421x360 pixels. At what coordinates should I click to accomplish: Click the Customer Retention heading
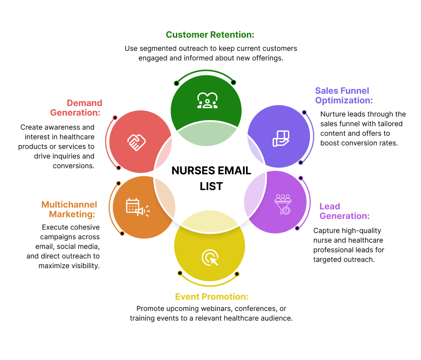point(210,35)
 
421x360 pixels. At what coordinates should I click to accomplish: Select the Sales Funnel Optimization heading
point(344,95)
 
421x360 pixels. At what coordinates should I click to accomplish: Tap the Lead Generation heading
point(344,211)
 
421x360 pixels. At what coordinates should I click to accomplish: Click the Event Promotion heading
point(211,296)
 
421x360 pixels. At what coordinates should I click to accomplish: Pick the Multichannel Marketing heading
point(69,209)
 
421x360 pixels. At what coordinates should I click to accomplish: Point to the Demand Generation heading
point(76,108)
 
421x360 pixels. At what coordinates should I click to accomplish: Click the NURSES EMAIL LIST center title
point(211,178)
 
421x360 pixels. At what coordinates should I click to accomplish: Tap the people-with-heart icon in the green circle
point(207,100)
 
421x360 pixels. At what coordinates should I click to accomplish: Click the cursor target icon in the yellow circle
point(210,258)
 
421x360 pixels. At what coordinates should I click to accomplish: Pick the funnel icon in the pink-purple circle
point(283,204)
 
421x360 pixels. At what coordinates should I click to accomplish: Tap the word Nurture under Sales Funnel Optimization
point(334,114)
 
